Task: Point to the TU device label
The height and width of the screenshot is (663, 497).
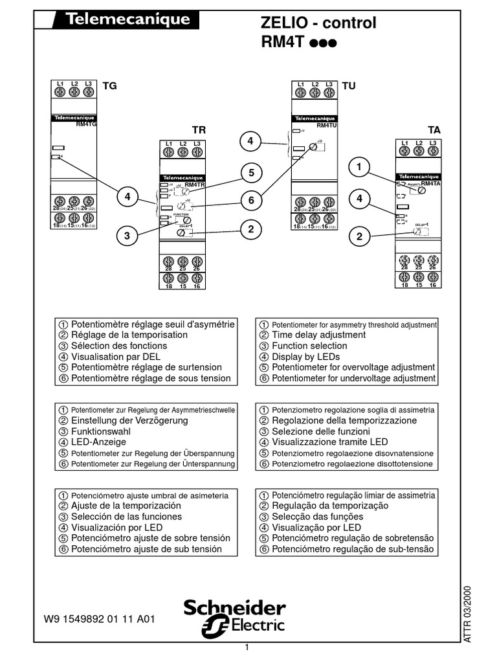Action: click(x=349, y=85)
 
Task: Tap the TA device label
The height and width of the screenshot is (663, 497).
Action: click(x=434, y=130)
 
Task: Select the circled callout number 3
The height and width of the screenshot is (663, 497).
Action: click(x=128, y=237)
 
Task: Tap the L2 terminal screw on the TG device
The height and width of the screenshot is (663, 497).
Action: click(x=74, y=92)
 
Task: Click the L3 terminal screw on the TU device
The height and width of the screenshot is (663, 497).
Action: click(x=329, y=92)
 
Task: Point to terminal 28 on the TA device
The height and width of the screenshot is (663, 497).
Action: click(x=404, y=260)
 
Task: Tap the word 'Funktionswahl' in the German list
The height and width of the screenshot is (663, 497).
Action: click(x=101, y=431)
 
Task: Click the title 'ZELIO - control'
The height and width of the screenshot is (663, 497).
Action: click(x=317, y=24)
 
